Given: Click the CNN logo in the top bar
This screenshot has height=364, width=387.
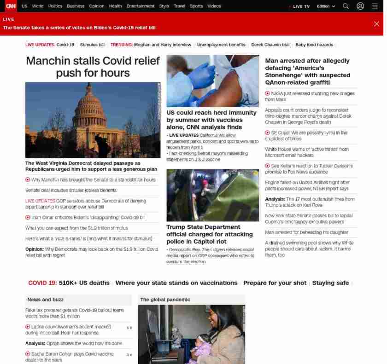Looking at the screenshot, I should click(x=10, y=6).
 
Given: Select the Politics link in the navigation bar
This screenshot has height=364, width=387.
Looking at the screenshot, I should click(x=55, y=6).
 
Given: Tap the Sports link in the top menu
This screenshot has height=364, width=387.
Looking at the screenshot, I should click(x=196, y=6).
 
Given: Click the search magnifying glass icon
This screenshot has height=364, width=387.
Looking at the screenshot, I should click(x=346, y=6).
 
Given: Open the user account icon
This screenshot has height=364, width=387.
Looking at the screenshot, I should click(x=360, y=6).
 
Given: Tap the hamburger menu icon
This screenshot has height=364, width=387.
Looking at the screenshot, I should click(x=375, y=6).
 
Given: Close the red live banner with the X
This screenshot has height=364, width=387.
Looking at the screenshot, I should click(x=376, y=24).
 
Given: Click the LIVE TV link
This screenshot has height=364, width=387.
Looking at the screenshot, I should click(x=301, y=6).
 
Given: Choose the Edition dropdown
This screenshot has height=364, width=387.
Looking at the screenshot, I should click(x=326, y=6).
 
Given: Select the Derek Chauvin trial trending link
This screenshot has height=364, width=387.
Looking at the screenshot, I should click(x=270, y=45).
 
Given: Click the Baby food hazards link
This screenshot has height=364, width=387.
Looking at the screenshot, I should click(x=314, y=45).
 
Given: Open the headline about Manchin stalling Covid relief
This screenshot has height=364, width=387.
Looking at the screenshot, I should click(x=93, y=67).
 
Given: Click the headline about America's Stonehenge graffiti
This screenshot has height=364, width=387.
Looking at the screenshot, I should click(x=307, y=71).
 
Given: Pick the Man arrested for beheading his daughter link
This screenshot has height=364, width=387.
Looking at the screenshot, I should click(x=306, y=232).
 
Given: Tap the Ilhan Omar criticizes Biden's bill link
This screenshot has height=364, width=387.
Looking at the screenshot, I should click(x=88, y=217).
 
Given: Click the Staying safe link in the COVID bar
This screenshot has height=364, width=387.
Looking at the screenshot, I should click(x=330, y=283).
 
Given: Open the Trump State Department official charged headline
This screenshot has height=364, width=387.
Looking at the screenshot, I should click(x=209, y=234).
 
